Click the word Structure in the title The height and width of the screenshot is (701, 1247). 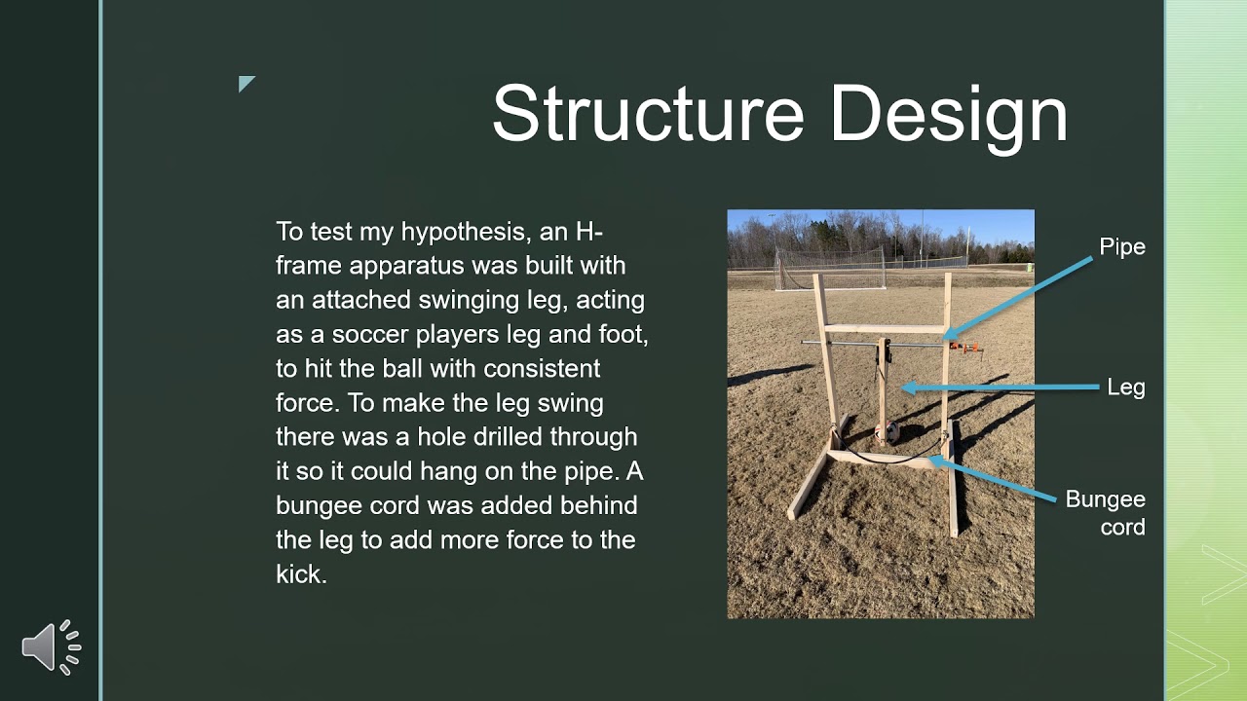coord(647,114)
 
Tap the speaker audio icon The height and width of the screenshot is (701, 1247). coord(51,646)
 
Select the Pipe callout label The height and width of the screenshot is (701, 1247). coord(1122,247)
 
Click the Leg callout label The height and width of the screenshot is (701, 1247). coord(1126,387)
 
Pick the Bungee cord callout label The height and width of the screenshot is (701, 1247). coord(1105,513)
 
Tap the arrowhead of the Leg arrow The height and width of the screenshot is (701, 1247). coord(906,387)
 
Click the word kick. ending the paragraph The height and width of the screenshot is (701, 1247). coord(301,574)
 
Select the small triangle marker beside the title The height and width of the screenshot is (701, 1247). coord(246,83)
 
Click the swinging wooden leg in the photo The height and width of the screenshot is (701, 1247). coord(883,389)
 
